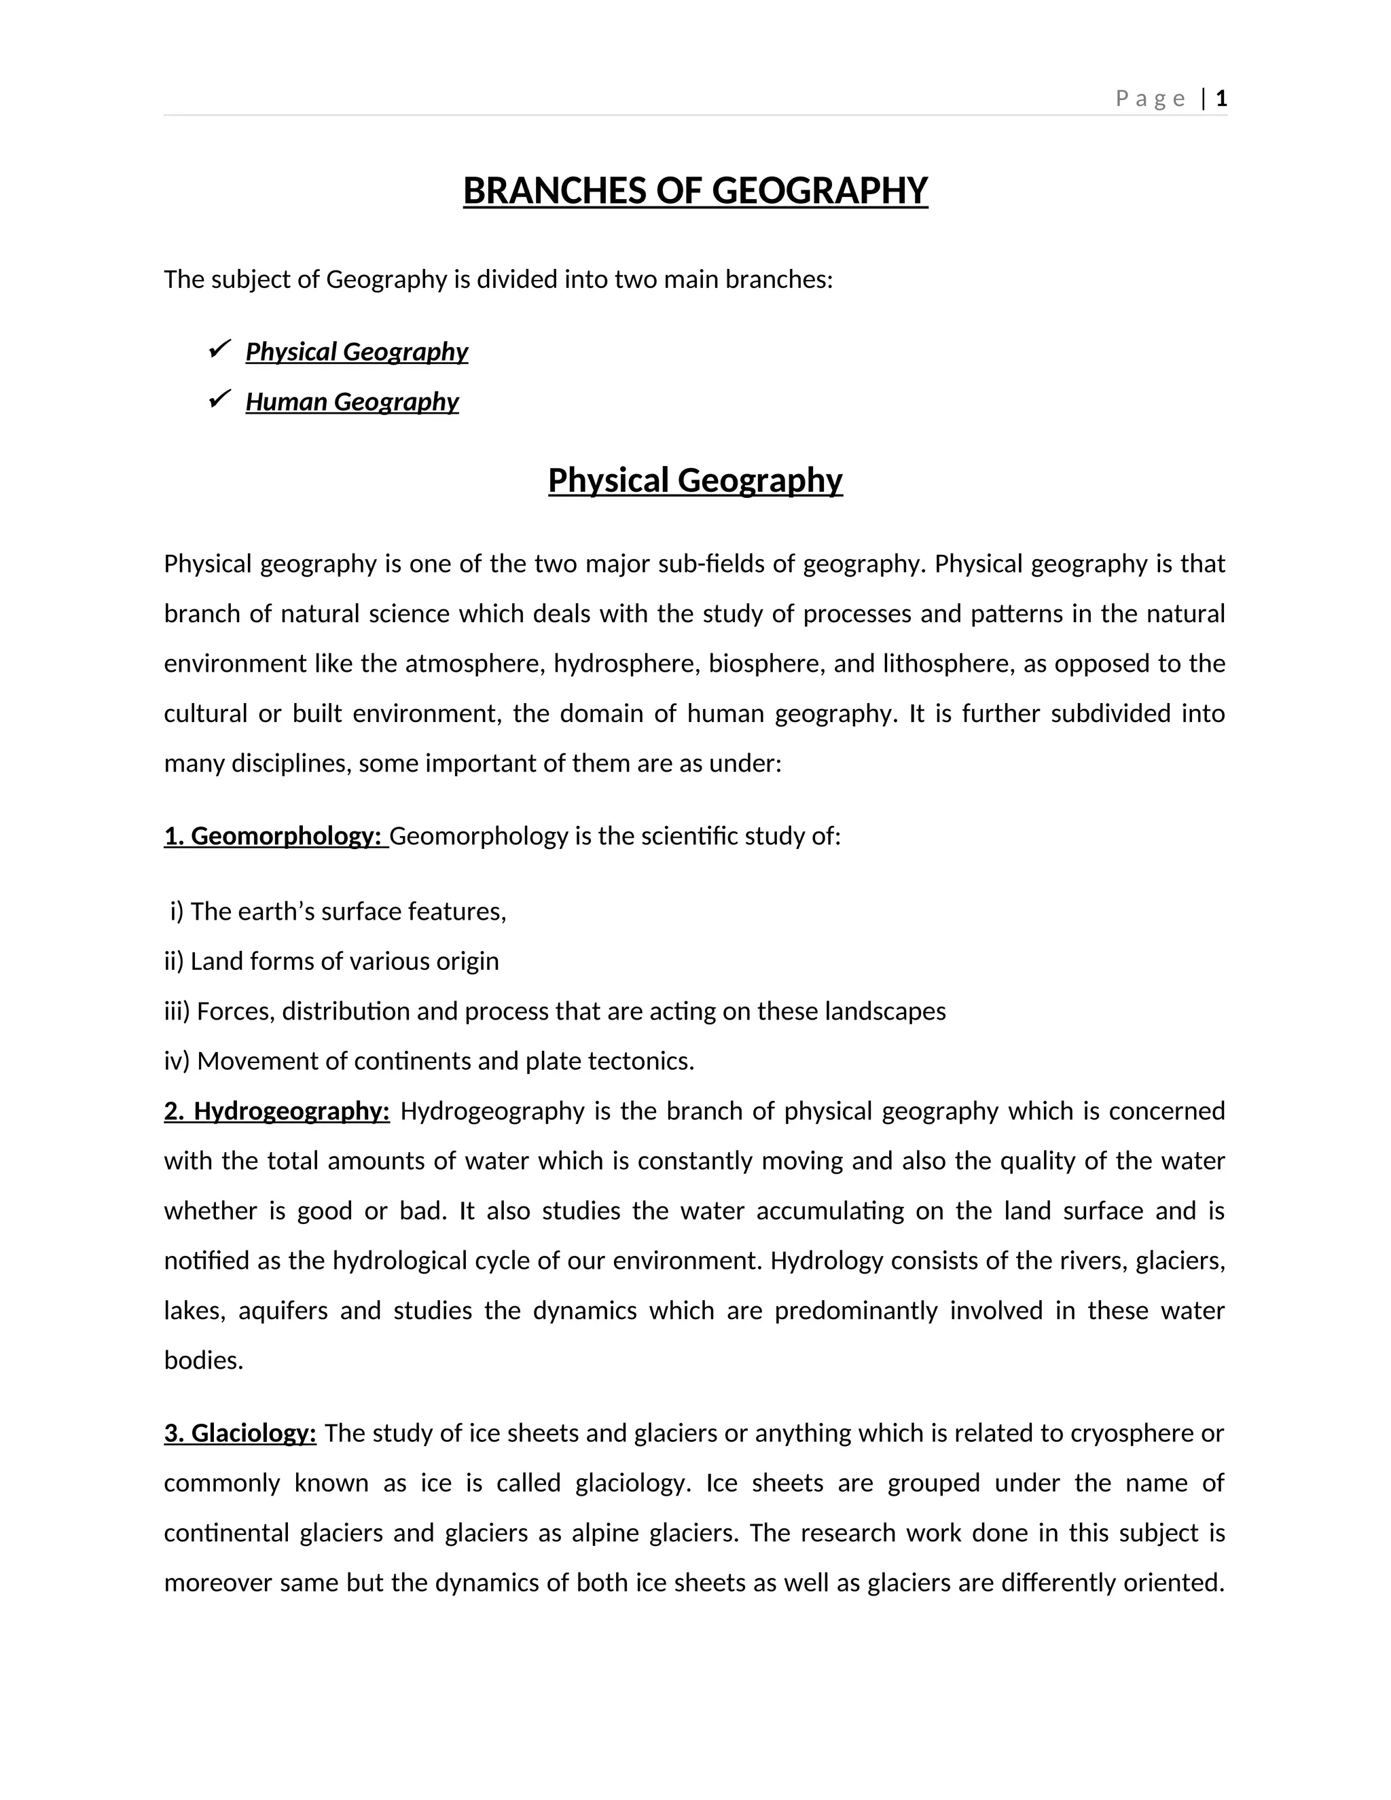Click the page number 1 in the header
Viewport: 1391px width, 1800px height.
tap(1221, 99)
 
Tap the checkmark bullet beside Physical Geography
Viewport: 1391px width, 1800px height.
tap(219, 349)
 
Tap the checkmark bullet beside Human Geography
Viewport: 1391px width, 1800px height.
tap(219, 399)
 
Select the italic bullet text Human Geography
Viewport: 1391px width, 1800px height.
tap(352, 401)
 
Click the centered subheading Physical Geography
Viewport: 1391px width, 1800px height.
tap(695, 480)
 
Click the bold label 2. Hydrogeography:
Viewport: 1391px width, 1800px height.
tap(277, 1111)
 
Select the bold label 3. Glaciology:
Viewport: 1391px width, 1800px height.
tap(240, 1433)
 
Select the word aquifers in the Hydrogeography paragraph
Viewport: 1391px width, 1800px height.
tap(283, 1310)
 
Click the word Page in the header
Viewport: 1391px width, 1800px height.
tap(1151, 99)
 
